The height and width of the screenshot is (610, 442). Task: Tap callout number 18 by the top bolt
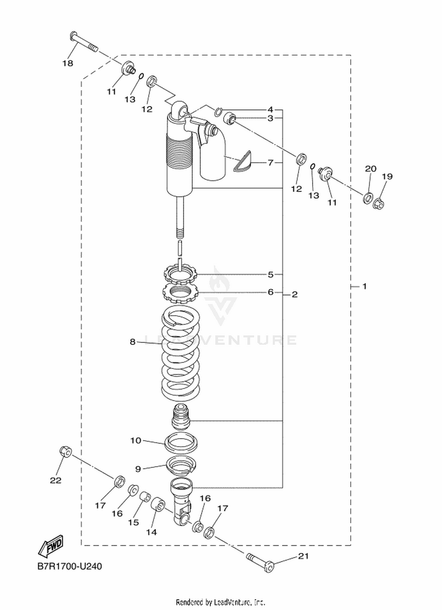68,63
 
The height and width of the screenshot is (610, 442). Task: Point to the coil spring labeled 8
181,353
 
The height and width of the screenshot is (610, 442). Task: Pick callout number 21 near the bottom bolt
304,556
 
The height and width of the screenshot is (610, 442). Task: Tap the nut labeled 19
379,203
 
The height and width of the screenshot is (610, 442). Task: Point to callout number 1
364,286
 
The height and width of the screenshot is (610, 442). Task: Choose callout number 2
295,294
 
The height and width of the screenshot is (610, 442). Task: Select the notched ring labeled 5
180,273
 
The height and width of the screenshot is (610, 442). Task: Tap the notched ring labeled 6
180,293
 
